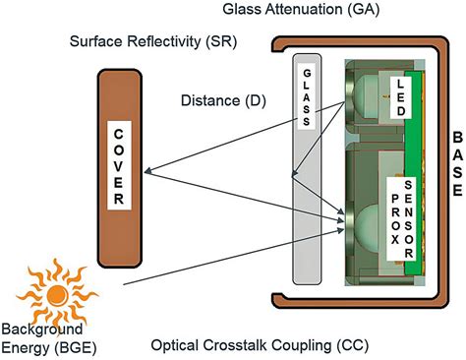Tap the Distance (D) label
click(220, 101)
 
